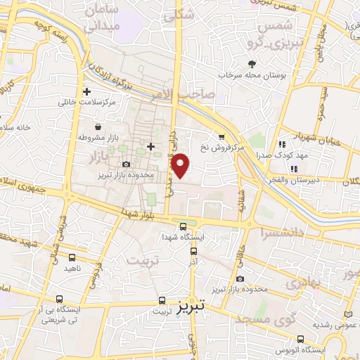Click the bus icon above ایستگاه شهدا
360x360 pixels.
pyautogui.click(x=184, y=226)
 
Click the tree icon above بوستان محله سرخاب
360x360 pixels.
pyautogui.click(x=250, y=64)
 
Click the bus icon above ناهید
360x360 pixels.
pyautogui.click(x=73, y=257)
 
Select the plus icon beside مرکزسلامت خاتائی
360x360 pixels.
pyautogui.click(x=86, y=91)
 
